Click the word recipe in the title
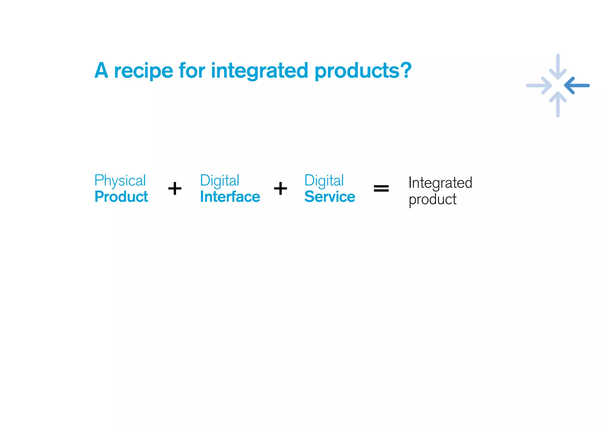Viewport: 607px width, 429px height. point(143,71)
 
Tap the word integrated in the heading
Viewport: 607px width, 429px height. point(260,71)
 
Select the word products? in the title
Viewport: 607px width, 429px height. point(363,71)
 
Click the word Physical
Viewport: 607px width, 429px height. point(120,181)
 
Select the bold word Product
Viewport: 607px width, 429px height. point(121,197)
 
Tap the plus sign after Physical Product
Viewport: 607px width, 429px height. point(175,188)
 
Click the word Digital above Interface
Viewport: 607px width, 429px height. point(220,181)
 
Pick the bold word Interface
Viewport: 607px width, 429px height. point(230,197)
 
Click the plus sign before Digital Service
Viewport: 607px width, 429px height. point(280,188)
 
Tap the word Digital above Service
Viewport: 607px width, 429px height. point(324,181)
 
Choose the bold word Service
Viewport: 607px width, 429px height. point(330,197)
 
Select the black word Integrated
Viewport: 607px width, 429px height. point(440,183)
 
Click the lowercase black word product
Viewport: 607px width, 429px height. point(432,199)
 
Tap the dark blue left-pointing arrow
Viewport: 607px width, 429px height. point(576,86)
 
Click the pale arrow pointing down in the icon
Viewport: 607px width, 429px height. point(558,67)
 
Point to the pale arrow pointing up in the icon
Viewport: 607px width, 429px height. point(558,104)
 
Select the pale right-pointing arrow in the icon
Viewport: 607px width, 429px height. point(539,86)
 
